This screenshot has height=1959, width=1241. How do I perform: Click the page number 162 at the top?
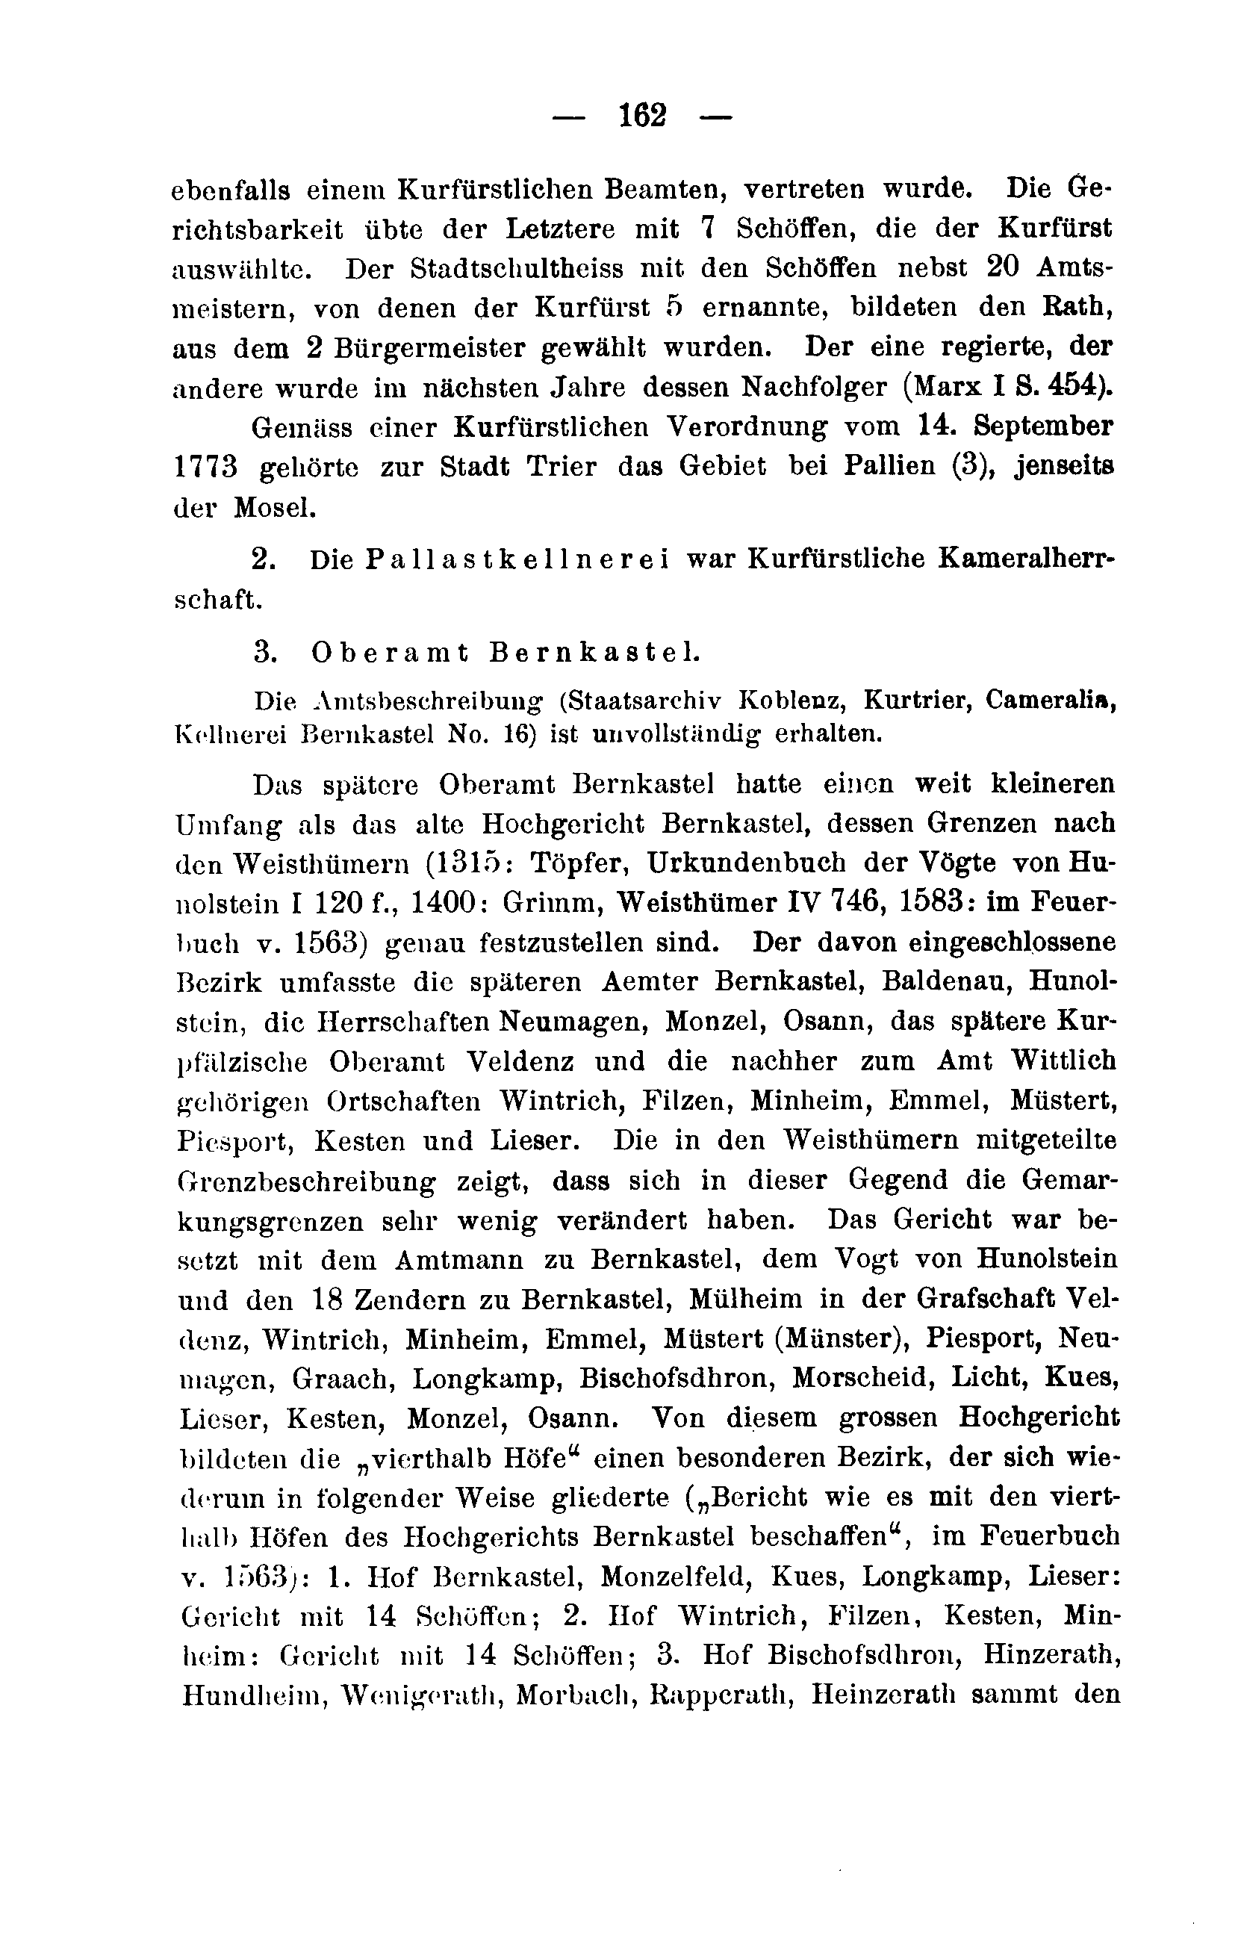click(x=641, y=116)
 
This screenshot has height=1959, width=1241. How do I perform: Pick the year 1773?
click(x=206, y=468)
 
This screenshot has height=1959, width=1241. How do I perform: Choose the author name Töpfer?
click(x=565, y=863)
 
